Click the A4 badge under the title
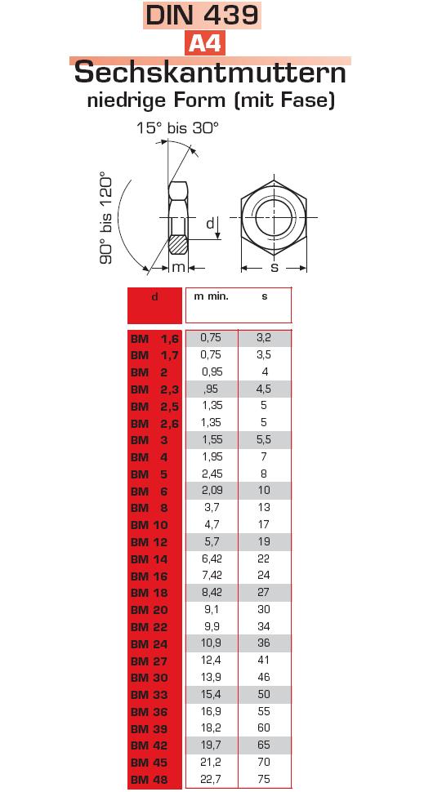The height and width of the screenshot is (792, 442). pos(204,44)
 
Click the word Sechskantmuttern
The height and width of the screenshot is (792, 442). pos(210,73)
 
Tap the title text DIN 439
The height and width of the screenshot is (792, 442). pos(202,16)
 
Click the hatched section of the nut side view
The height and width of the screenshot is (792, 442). pos(179,245)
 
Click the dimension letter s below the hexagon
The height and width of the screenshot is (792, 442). pos(275,267)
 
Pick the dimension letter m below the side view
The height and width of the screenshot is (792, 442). pos(179,267)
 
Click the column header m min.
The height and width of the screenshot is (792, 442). pos(211,296)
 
